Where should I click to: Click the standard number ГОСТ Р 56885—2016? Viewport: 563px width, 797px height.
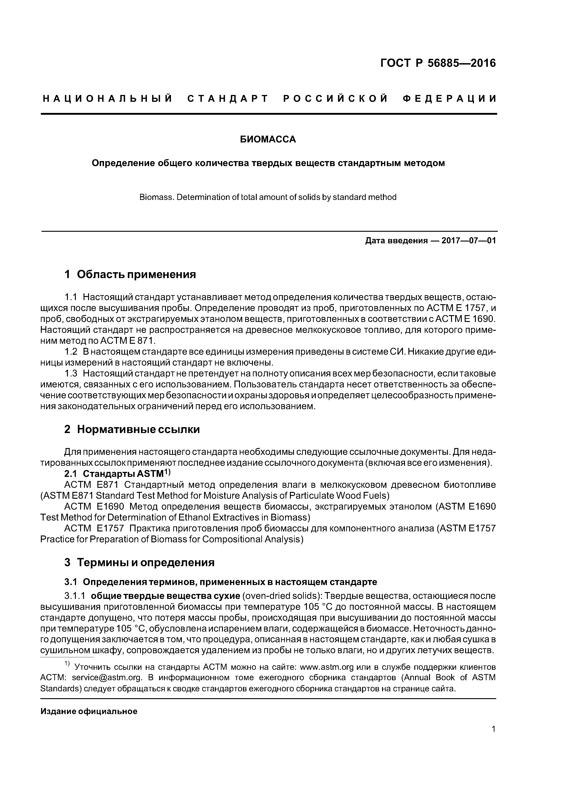[438, 63]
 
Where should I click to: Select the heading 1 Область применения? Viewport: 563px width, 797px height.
[130, 274]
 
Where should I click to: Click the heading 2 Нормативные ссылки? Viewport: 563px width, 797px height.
[132, 429]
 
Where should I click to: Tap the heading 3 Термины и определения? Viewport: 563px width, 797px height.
[139, 562]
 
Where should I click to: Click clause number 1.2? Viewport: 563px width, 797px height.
[71, 352]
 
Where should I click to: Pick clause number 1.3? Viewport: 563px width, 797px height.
[71, 374]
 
